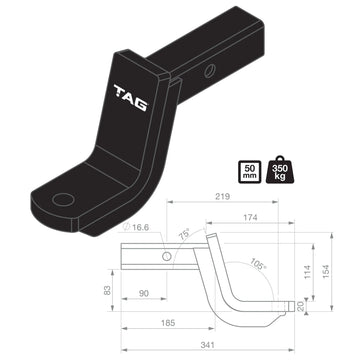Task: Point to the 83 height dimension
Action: (108, 290)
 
